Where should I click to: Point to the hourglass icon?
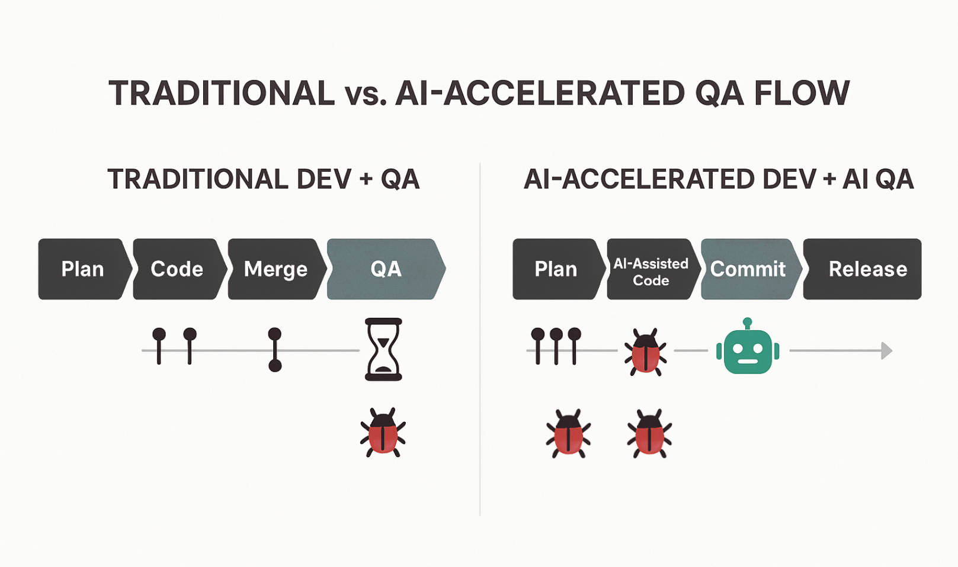click(x=383, y=349)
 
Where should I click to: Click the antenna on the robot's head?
click(x=748, y=324)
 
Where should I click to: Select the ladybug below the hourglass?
click(x=383, y=432)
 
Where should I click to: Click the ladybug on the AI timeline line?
click(x=645, y=352)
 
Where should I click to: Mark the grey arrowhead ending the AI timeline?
click(x=887, y=351)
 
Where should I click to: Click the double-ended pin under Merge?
click(x=274, y=350)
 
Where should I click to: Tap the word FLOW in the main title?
click(x=802, y=93)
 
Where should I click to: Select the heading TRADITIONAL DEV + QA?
click(x=264, y=179)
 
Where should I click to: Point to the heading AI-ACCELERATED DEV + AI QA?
click(x=719, y=179)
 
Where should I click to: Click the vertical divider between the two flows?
click(x=480, y=339)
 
